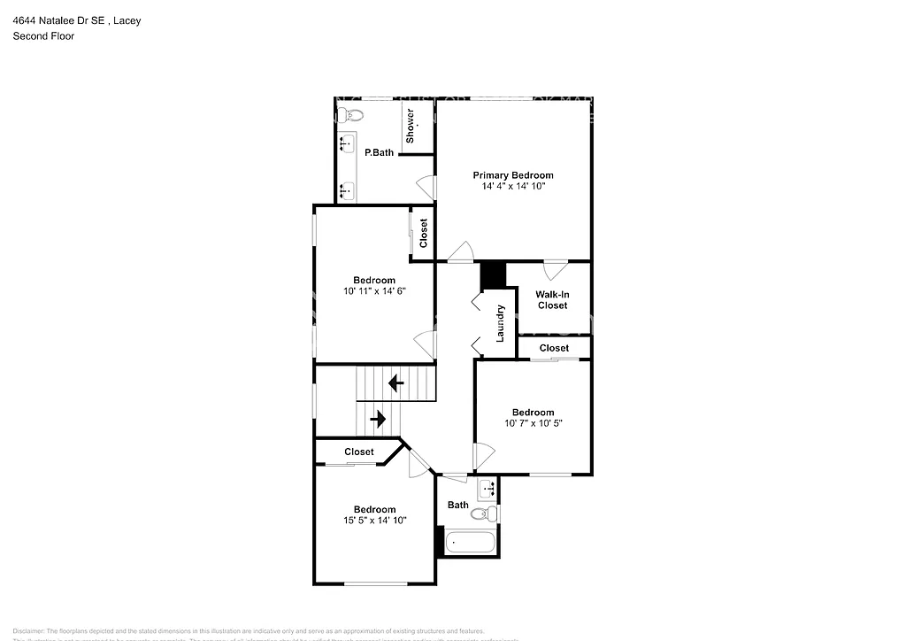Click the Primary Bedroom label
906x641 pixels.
point(512,175)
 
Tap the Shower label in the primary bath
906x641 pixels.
point(411,126)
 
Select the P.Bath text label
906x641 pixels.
point(380,153)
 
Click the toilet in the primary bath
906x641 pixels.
point(351,114)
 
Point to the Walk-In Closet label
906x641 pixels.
point(551,299)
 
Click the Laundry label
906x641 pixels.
point(500,323)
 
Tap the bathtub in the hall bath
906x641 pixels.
point(470,542)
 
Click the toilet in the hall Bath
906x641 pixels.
point(482,514)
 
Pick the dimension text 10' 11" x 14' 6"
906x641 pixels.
point(374,290)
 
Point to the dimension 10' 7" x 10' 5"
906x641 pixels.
point(533,423)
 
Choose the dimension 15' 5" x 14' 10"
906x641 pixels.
point(374,521)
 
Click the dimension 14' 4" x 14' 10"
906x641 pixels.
point(512,187)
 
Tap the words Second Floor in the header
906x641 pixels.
point(42,36)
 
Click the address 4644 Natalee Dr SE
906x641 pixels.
point(58,20)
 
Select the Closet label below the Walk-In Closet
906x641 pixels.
point(554,348)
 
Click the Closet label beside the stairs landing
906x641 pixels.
point(359,452)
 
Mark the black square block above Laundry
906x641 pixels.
point(492,275)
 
